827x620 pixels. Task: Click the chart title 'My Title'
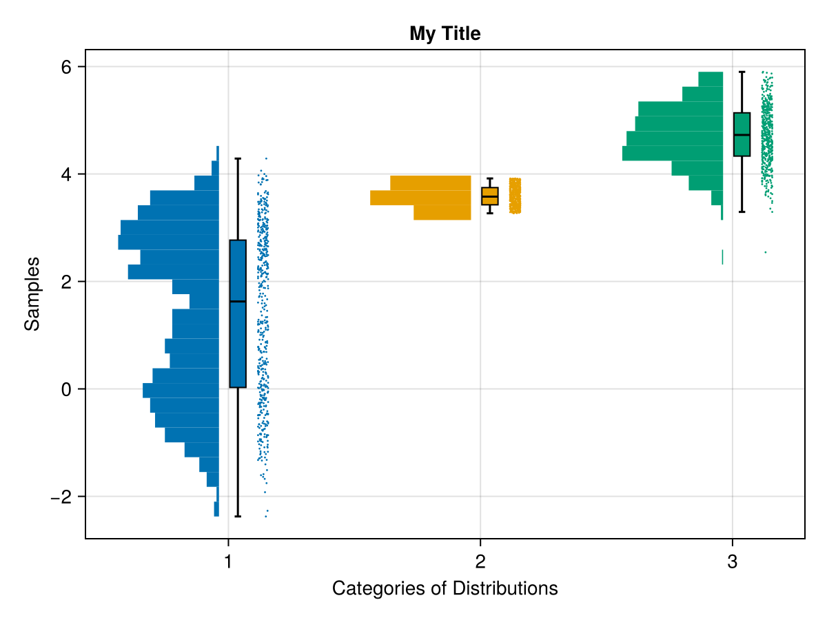[x=445, y=33]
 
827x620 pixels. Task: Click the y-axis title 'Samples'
[x=32, y=293]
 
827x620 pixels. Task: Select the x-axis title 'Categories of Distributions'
[x=445, y=588]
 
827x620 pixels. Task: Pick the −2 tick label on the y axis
[x=62, y=497]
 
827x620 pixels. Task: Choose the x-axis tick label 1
[x=227, y=561]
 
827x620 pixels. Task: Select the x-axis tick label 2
[x=480, y=561]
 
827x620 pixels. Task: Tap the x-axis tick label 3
[x=732, y=561]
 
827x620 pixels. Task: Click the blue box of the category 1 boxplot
[x=238, y=344]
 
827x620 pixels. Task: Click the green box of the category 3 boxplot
[x=742, y=145]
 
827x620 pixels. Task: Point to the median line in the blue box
[x=238, y=302]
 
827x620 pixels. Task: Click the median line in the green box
[x=742, y=135]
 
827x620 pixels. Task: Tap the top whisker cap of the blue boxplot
[x=238, y=158]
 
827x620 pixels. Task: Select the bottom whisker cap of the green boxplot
[x=742, y=211]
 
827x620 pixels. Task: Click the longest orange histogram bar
[x=420, y=198]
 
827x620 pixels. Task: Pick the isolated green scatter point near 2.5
[x=766, y=252]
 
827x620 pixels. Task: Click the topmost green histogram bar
[x=711, y=79]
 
